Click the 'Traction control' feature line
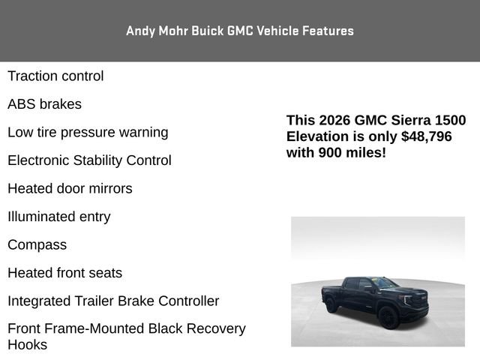[55, 76]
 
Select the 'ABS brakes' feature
[44, 104]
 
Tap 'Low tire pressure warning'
[88, 133]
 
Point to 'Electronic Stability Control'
[89, 160]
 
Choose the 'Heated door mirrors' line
[70, 189]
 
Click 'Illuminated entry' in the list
[58, 217]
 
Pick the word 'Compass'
[37, 245]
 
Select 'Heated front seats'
[64, 273]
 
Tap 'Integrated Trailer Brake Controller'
[113, 301]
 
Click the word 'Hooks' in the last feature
[27, 345]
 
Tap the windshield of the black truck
[385, 284]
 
